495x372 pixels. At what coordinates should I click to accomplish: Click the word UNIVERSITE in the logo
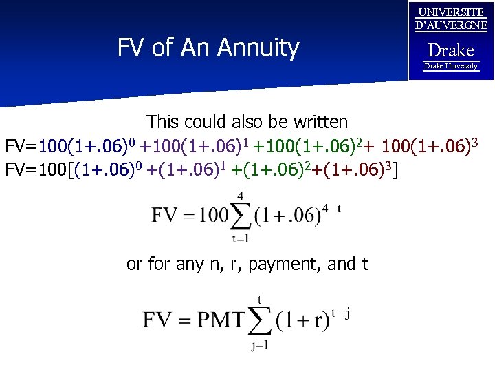[451, 12]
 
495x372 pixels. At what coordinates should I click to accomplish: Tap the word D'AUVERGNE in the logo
[451, 25]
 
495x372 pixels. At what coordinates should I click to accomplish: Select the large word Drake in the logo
[451, 50]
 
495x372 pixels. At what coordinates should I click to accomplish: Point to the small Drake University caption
[451, 66]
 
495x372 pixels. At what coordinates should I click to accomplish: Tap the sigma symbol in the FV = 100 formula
[241, 215]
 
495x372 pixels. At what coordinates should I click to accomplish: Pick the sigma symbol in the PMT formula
[260, 320]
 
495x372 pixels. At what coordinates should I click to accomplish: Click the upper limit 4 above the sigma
[241, 196]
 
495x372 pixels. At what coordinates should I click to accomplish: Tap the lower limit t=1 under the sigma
[240, 239]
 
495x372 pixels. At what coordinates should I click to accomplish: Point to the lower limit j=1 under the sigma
[260, 344]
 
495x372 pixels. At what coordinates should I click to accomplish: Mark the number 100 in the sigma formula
[214, 215]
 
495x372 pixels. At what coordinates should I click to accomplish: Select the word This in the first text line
[163, 122]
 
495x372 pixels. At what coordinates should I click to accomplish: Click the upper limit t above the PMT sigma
[260, 298]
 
